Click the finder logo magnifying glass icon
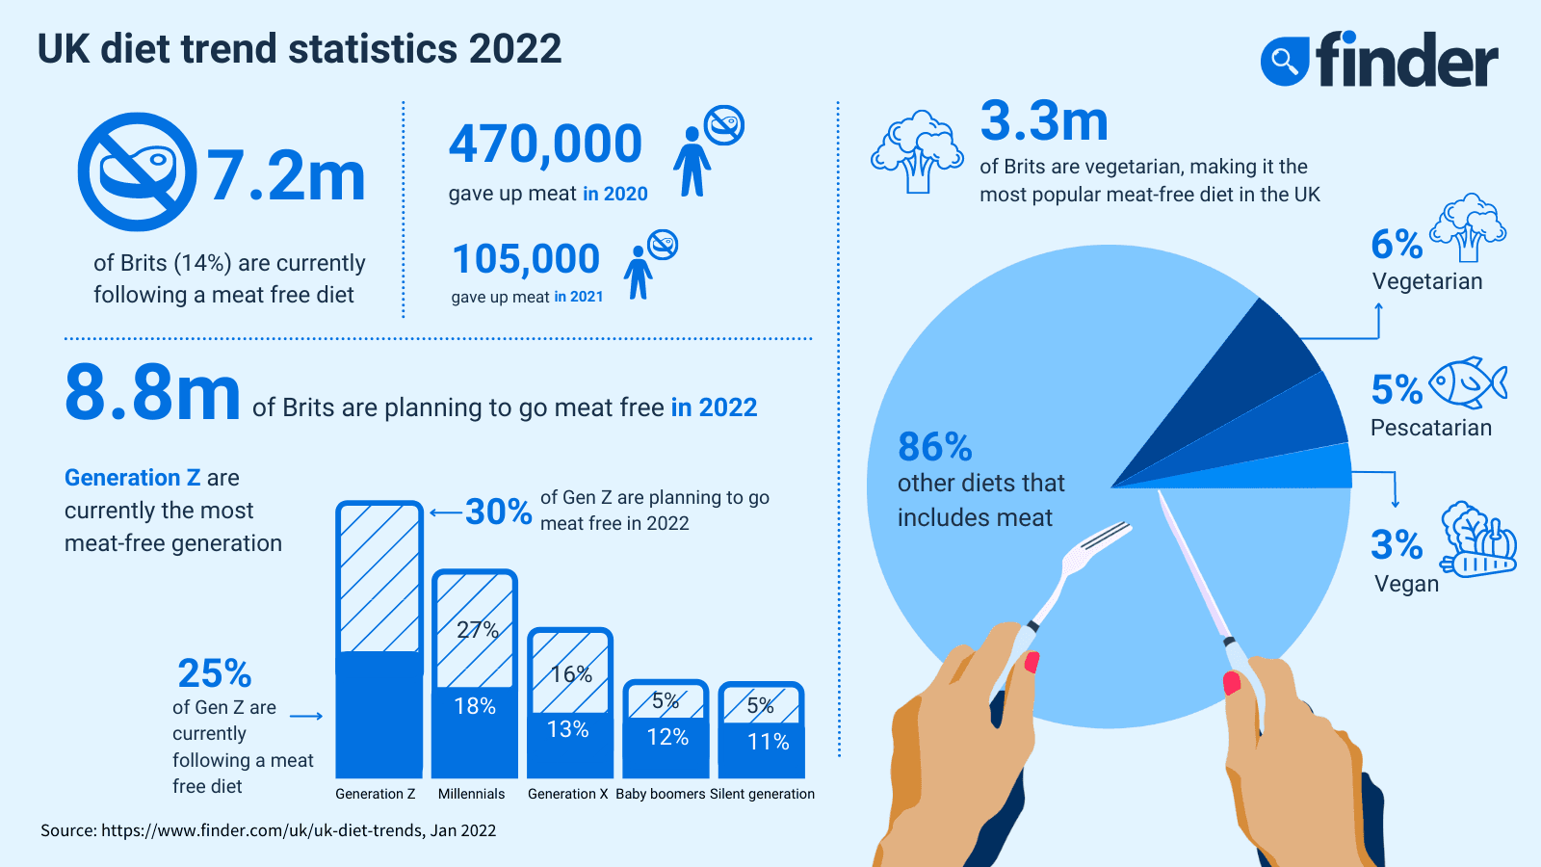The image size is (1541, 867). (1285, 62)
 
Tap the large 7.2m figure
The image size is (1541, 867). (287, 176)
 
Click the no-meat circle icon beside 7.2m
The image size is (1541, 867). (137, 172)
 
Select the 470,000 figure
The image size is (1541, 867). (545, 144)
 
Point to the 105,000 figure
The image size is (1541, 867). (526, 259)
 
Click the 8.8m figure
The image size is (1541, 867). (152, 393)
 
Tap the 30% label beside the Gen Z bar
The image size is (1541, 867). (498, 512)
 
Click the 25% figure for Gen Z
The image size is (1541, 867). (214, 672)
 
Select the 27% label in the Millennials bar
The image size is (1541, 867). (477, 630)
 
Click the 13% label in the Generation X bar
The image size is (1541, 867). (568, 729)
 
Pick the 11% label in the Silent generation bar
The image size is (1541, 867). (768, 742)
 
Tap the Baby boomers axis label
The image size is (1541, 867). (661, 794)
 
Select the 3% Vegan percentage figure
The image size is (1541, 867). (1397, 545)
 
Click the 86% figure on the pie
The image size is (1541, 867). (934, 447)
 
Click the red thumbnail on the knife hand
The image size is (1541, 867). (1231, 683)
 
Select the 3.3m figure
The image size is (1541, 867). (1044, 121)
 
